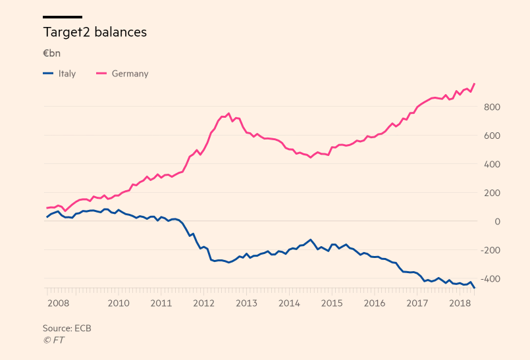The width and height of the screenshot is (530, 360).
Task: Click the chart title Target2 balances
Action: point(95,32)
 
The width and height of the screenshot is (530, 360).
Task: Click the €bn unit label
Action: point(51,53)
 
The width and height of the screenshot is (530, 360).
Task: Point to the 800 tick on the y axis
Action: point(492,107)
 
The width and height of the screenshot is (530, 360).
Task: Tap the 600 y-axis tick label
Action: point(492,136)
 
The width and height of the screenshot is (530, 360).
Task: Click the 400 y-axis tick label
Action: point(492,164)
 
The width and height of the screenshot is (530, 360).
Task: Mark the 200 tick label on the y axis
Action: point(492,193)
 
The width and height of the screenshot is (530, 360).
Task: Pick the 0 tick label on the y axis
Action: point(498,221)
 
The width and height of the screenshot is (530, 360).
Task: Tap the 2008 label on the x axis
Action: point(58,303)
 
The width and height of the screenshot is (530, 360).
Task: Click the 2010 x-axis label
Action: point(119,303)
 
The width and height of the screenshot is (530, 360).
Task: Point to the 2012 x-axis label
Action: point(204,303)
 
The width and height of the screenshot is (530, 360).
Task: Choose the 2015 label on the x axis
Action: point(332,303)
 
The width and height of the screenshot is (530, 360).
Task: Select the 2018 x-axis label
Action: point(460,303)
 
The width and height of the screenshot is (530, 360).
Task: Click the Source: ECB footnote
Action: point(67,328)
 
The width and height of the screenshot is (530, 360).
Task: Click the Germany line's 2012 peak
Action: point(228,113)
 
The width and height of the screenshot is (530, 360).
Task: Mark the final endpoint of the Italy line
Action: point(475,288)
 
